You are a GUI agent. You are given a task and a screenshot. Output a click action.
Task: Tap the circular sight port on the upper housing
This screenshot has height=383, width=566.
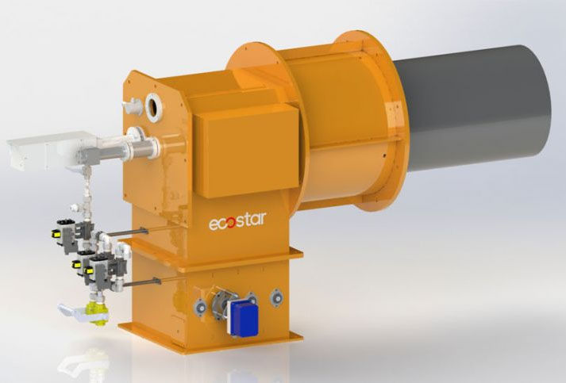(x=153, y=105)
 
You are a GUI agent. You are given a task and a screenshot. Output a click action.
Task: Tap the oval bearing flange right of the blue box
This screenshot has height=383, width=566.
(x=276, y=297)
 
